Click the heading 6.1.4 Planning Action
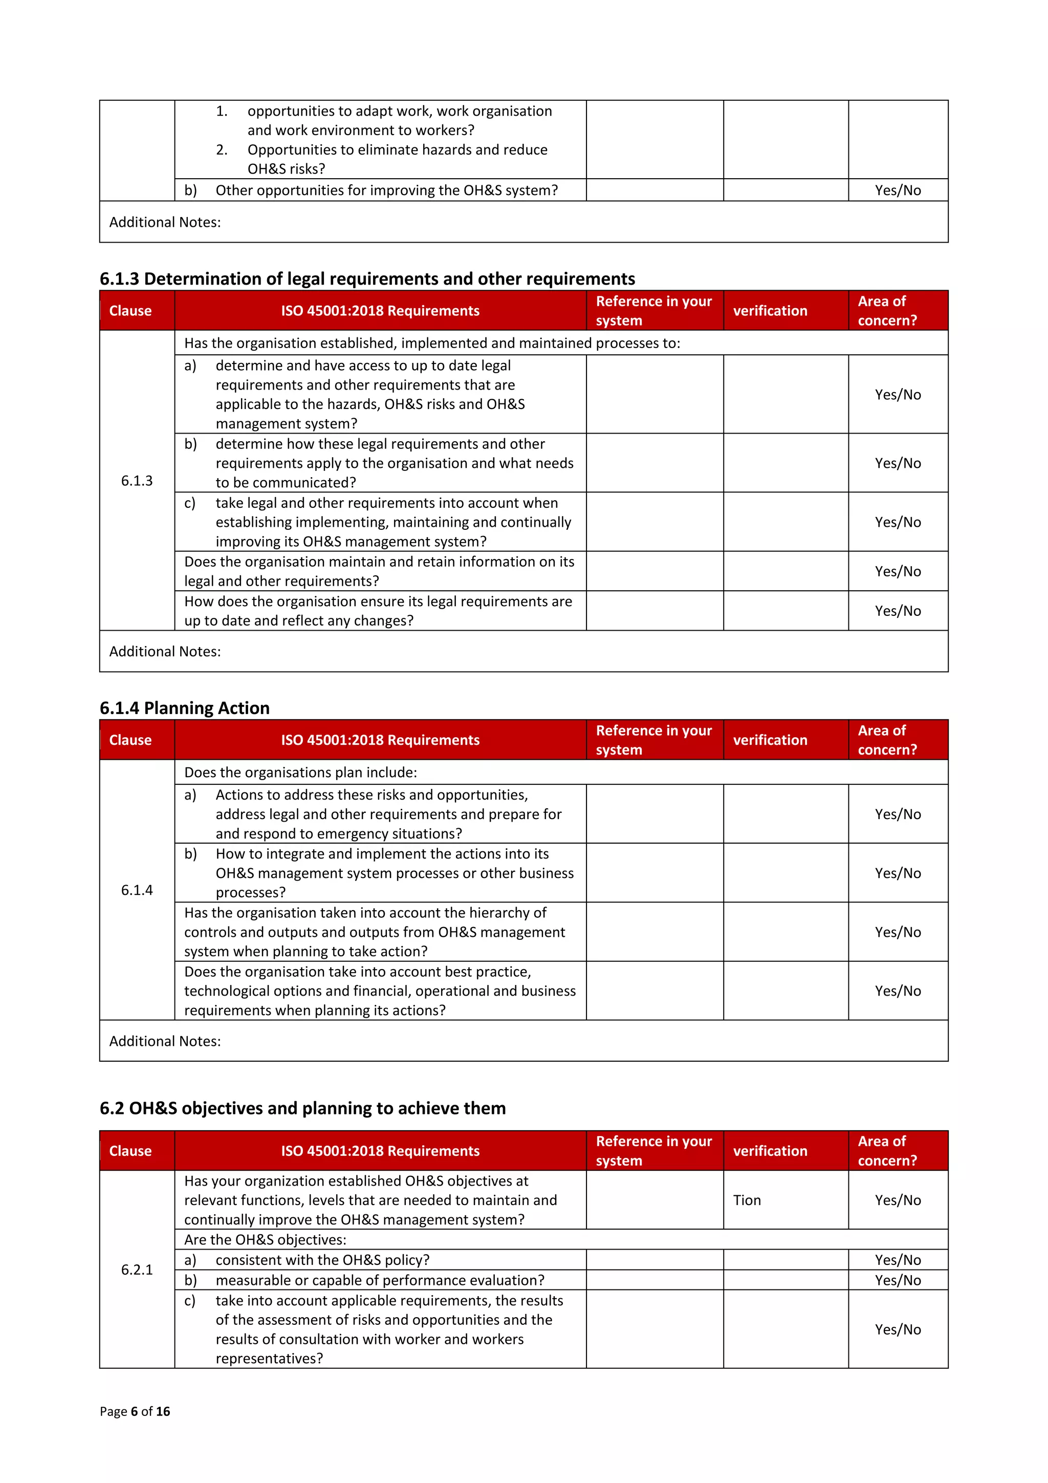(184, 708)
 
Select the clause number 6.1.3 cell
(137, 481)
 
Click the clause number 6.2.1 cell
(137, 1270)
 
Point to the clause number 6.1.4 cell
(137, 890)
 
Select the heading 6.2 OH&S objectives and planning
(302, 1108)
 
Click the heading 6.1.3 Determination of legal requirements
(367, 279)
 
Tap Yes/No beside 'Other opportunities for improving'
(898, 190)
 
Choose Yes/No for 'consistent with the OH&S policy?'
(898, 1260)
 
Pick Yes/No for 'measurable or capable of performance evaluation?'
(898, 1280)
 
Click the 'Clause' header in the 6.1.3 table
(130, 311)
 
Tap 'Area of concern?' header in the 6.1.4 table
(887, 740)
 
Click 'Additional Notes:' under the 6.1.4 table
(165, 1041)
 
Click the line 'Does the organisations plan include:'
(300, 772)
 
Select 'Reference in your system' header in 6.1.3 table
(653, 311)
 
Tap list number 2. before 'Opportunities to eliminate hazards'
(222, 150)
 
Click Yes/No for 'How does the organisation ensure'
(898, 611)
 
